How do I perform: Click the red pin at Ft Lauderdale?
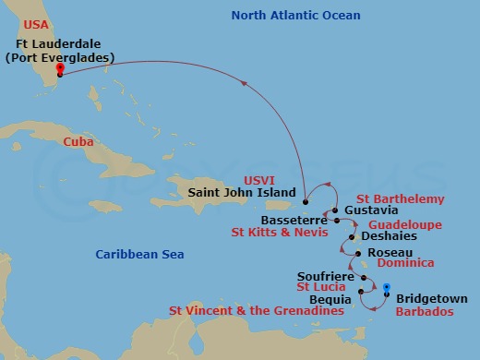59,68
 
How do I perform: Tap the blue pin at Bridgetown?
386,288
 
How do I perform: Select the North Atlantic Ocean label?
295,16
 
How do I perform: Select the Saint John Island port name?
242,194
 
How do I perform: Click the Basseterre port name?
293,222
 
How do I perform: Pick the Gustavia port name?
366,210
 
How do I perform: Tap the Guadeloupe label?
404,224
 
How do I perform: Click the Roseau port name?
383,252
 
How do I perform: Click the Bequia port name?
331,299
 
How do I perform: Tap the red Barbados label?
425,312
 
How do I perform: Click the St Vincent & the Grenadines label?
256,312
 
